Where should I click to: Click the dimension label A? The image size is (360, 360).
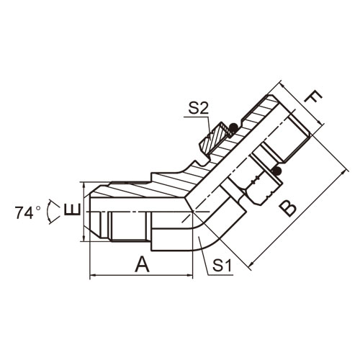pos(142,264)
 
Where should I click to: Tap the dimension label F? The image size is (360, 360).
pos(312,97)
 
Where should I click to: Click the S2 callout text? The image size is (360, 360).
pos(198,109)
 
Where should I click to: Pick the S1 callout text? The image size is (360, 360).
pos(222,266)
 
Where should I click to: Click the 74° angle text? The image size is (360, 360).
pos(27,212)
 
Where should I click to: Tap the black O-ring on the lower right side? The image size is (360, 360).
pos(277,171)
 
